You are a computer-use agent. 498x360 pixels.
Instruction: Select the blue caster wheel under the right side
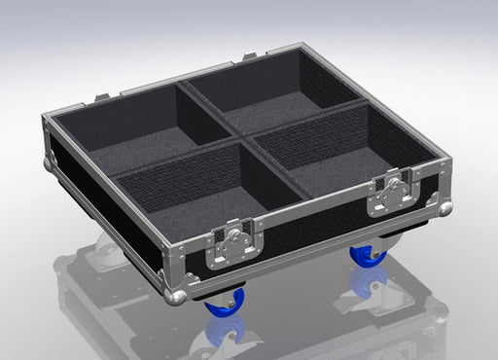coord(369,255)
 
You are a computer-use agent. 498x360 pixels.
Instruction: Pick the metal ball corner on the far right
coord(445,208)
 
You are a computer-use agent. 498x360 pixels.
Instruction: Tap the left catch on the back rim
coord(102,97)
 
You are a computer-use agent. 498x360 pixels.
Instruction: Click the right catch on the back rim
coord(251,57)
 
